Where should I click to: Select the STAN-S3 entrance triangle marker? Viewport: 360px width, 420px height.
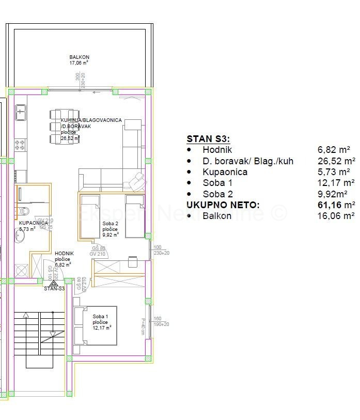click(54, 283)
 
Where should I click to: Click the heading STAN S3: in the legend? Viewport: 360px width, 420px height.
click(208, 139)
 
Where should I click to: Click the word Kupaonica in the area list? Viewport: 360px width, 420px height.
click(225, 172)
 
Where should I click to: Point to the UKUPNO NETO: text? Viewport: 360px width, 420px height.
click(223, 205)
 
